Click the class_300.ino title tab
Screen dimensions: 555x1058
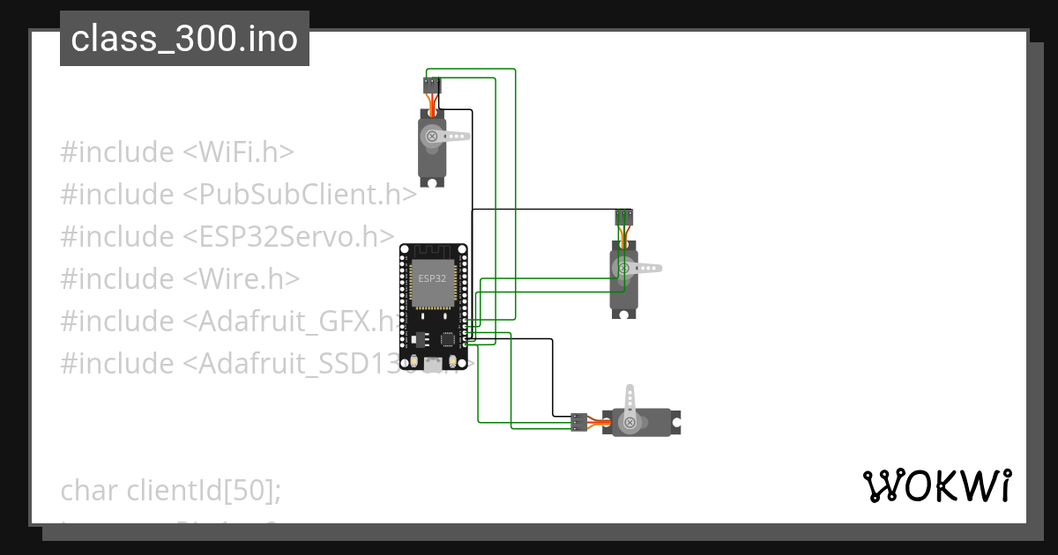click(x=184, y=39)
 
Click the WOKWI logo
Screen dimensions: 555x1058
click(x=935, y=486)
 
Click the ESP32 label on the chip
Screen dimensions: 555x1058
click(x=432, y=278)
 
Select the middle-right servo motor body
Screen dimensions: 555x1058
click(x=623, y=282)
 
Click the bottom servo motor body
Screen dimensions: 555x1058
click(x=642, y=424)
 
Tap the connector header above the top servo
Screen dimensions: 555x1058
click(x=430, y=85)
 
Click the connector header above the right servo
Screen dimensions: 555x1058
click(x=623, y=217)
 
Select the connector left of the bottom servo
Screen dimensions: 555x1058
click(x=578, y=422)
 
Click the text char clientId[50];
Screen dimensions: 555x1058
click(x=171, y=490)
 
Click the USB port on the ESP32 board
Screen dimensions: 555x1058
click(x=432, y=364)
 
